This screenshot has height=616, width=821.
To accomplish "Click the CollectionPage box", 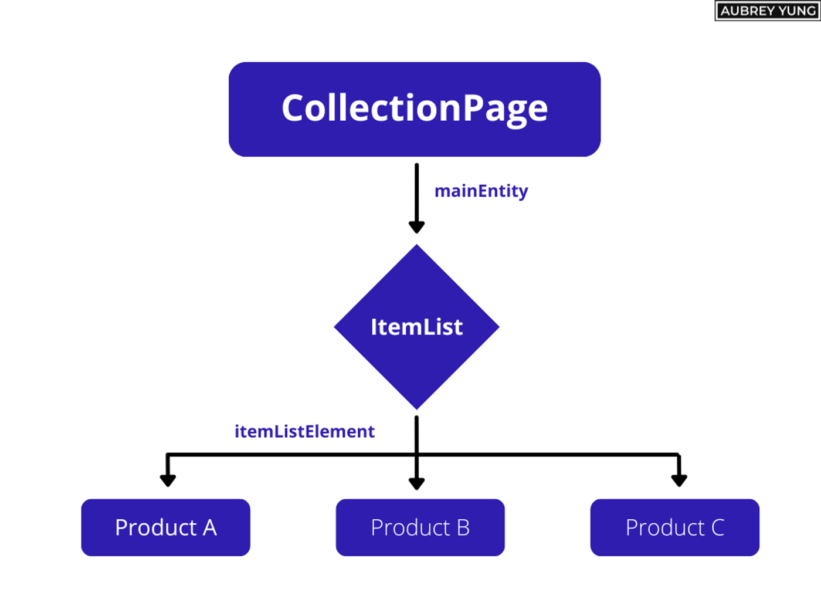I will click(414, 109).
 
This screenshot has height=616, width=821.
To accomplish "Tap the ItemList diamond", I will click(416, 327).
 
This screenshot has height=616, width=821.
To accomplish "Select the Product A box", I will click(165, 527).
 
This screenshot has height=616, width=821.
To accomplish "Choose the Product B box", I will click(420, 527).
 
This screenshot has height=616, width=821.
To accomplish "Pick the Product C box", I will click(674, 527).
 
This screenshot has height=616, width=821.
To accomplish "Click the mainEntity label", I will click(481, 191).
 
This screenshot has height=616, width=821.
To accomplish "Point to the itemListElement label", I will click(304, 432).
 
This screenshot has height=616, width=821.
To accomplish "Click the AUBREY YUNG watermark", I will click(767, 11).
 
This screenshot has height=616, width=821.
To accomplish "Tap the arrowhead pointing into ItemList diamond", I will click(416, 227).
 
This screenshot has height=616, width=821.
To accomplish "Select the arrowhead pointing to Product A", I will click(168, 480).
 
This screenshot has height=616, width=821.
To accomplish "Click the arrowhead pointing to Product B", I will click(416, 483).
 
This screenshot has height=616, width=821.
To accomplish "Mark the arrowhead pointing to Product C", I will click(679, 480).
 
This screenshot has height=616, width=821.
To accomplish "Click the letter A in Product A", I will click(210, 527).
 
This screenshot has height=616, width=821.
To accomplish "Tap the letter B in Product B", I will click(463, 527).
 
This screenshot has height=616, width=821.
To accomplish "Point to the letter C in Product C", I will click(718, 527).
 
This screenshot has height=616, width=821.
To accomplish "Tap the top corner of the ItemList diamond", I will click(416, 247).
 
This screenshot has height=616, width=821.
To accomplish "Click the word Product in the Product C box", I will click(664, 527).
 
